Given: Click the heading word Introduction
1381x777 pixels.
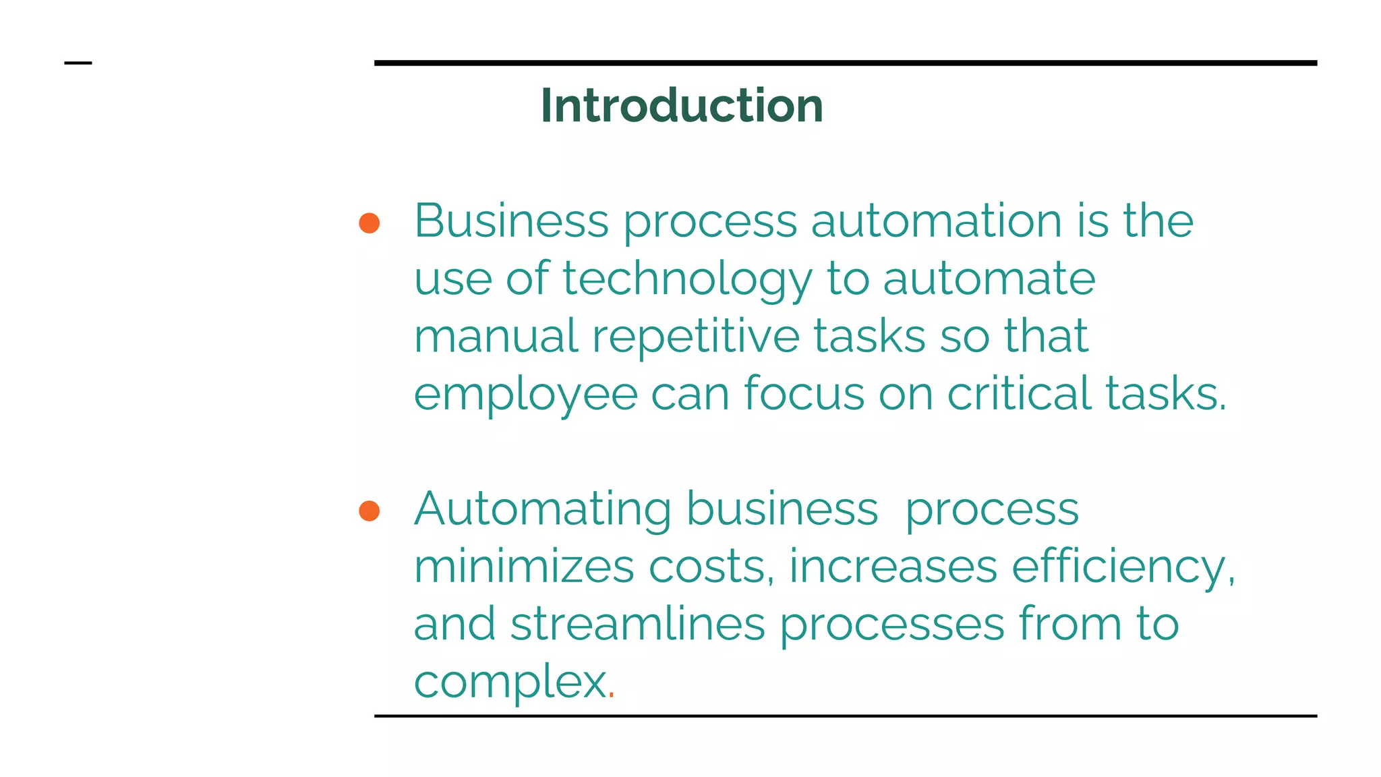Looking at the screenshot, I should coord(682,106).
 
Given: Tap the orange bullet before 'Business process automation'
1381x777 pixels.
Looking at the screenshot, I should coord(370,223).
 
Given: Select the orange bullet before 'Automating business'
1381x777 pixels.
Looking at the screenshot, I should coord(370,511).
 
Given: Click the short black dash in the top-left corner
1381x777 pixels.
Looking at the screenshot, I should coord(78,63).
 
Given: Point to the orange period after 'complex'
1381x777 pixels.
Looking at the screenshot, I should coord(611,695).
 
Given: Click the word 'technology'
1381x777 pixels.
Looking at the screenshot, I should coord(687,279).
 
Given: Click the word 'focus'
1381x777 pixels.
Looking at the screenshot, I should coord(804,393).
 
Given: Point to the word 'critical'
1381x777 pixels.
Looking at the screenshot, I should coord(1019,393).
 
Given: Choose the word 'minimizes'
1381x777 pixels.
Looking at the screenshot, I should coord(524,566).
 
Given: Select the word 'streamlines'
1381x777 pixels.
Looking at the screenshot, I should coord(638,624).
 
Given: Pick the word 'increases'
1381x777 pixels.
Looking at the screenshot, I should coord(893,567).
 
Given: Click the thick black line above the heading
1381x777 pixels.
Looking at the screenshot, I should coord(845,63).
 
